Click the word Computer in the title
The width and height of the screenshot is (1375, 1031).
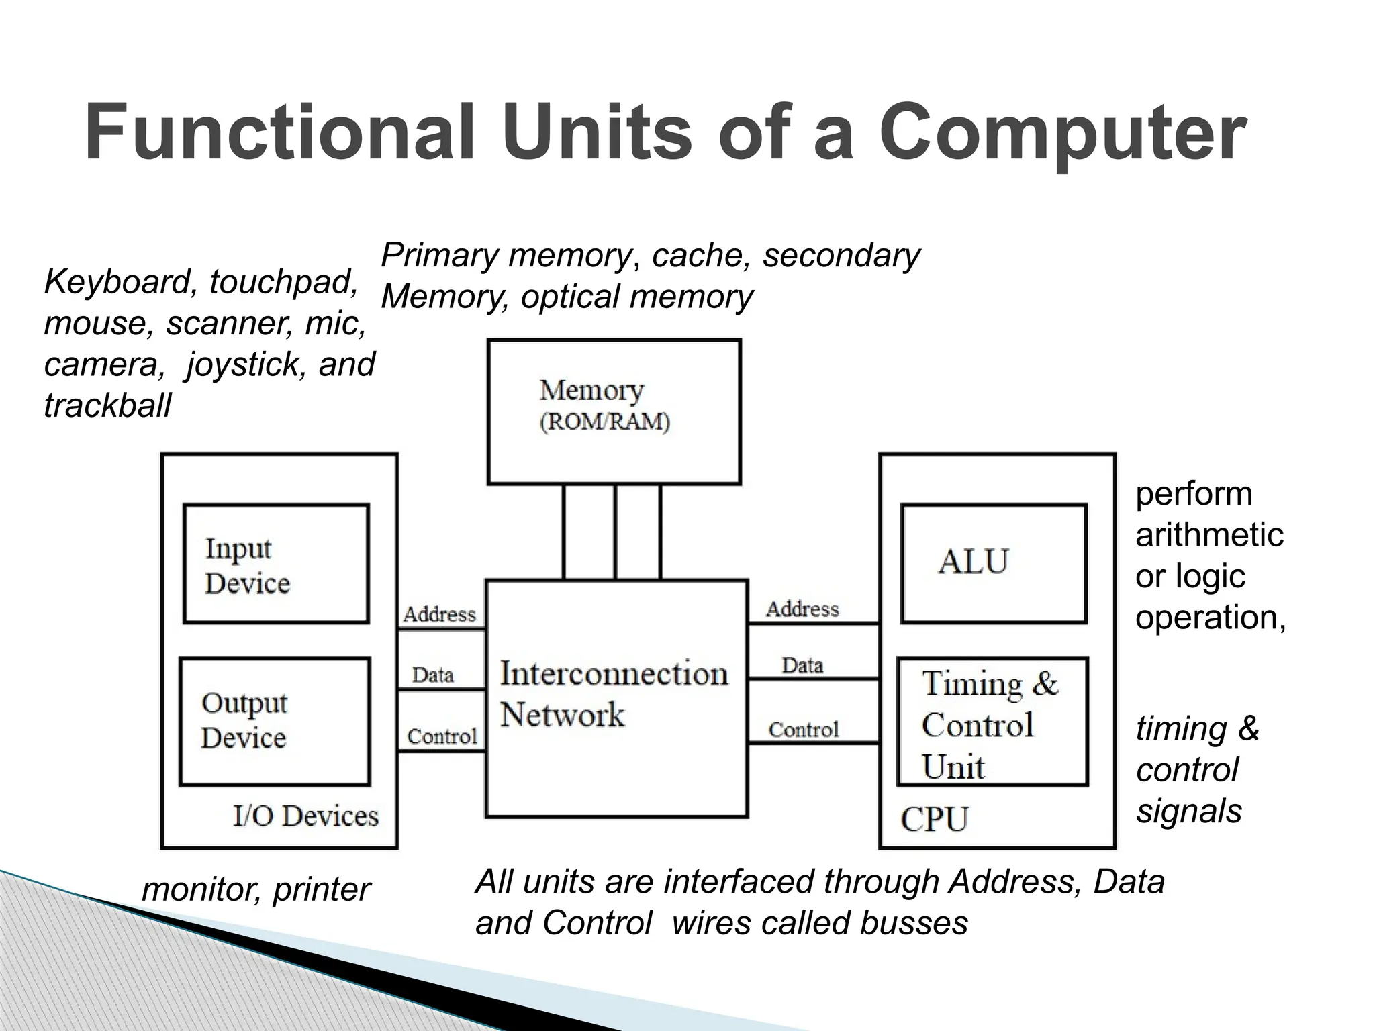click(x=1063, y=133)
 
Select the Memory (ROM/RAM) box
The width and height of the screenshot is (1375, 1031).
click(x=614, y=411)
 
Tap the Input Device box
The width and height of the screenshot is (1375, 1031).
click(x=276, y=563)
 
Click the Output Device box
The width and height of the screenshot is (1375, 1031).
click(x=275, y=721)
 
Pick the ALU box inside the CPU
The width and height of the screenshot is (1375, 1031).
click(x=993, y=563)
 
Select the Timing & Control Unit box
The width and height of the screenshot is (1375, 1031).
click(x=992, y=722)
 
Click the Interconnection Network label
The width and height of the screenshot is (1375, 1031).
click(x=613, y=693)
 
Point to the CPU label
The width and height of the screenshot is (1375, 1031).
click(x=934, y=819)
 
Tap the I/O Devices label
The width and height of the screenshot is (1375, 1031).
click(x=305, y=816)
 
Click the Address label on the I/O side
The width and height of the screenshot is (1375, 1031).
click(x=439, y=614)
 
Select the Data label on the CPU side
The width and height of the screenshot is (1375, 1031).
click(x=802, y=665)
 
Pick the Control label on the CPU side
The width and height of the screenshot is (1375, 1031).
click(x=804, y=729)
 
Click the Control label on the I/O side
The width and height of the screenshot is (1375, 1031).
click(x=442, y=736)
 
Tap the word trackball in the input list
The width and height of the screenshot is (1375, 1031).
click(x=107, y=405)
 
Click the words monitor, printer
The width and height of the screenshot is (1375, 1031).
click(x=256, y=889)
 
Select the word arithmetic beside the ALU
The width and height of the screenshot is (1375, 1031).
click(x=1209, y=535)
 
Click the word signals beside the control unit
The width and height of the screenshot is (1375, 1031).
click(x=1188, y=811)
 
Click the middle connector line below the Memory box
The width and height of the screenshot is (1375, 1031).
click(x=615, y=532)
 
